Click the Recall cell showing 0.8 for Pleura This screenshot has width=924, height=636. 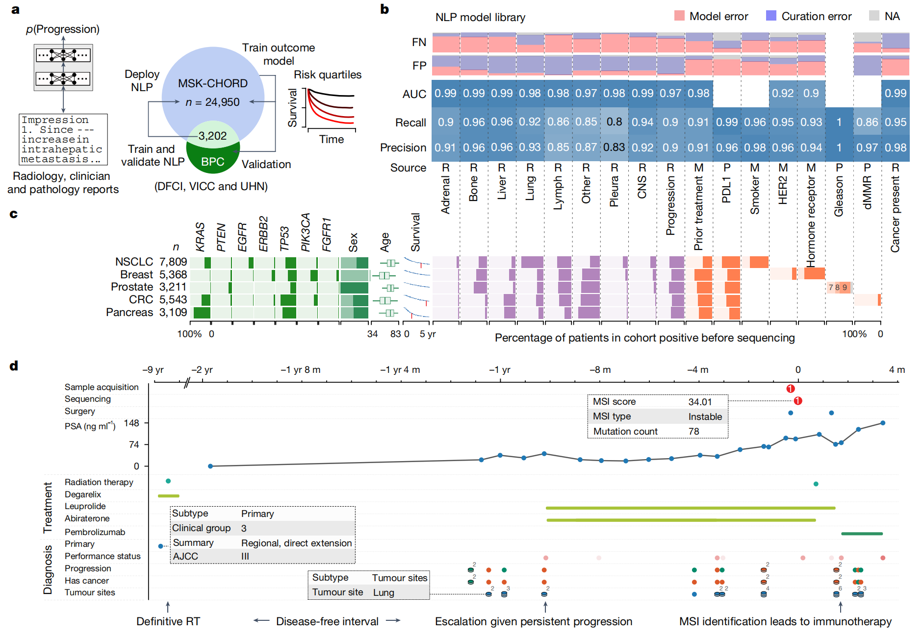pyautogui.click(x=614, y=122)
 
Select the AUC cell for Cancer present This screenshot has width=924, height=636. pyautogui.click(x=895, y=93)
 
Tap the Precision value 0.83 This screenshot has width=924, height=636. pyautogui.click(x=614, y=147)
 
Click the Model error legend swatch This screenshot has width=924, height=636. pyautogui.click(x=679, y=16)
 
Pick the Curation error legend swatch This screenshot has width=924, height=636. pyautogui.click(x=771, y=16)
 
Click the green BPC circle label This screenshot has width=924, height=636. pyautogui.click(x=213, y=162)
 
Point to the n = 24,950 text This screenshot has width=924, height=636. pyautogui.click(x=212, y=102)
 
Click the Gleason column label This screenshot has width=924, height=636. pyautogui.click(x=839, y=196)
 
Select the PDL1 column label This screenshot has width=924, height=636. pyautogui.click(x=727, y=190)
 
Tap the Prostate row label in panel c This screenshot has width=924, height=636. pyautogui.click(x=132, y=287)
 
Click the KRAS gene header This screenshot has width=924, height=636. pyautogui.click(x=200, y=237)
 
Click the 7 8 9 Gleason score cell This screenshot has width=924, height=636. pyautogui.click(x=838, y=288)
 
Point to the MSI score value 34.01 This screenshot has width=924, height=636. pyautogui.click(x=700, y=402)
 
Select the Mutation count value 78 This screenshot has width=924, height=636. pyautogui.click(x=694, y=431)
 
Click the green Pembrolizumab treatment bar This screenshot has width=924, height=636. pyautogui.click(x=862, y=534)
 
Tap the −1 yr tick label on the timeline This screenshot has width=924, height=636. pyautogui.click(x=499, y=370)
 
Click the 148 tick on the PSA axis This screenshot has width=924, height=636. pyautogui.click(x=131, y=423)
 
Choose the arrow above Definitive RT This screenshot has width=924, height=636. pyautogui.click(x=168, y=607)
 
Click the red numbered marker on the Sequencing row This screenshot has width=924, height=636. pyautogui.click(x=798, y=401)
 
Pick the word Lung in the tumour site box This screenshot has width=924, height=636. pyautogui.click(x=384, y=592)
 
